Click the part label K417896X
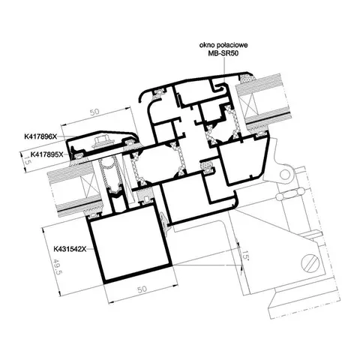pyautogui.click(x=41, y=136)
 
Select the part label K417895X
pyautogui.click(x=46, y=154)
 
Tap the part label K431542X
pyautogui.click(x=70, y=249)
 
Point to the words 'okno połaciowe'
pyautogui.click(x=223, y=45)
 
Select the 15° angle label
pyautogui.click(x=244, y=255)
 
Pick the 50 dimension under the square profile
pyautogui.click(x=142, y=289)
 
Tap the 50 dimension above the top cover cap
pyautogui.click(x=94, y=112)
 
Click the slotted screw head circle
pyautogui.click(x=311, y=263)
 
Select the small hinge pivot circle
pyautogui.click(x=284, y=174)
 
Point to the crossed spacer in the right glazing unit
pyautogui.click(x=249, y=108)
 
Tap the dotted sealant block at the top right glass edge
pyautogui.click(x=247, y=77)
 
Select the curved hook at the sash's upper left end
pyautogui.click(x=143, y=95)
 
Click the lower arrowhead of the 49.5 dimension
pyautogui.click(x=60, y=294)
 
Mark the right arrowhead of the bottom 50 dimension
pyautogui.click(x=175, y=285)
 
